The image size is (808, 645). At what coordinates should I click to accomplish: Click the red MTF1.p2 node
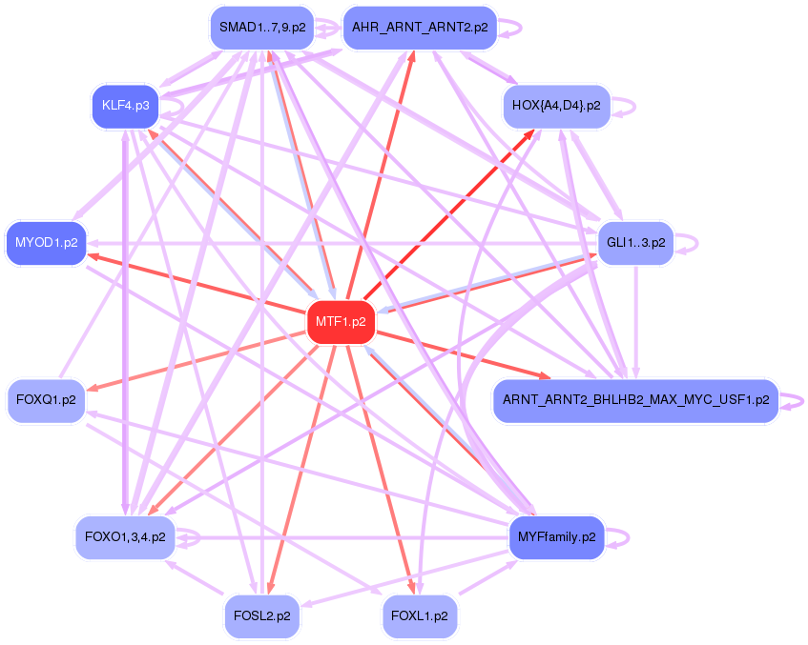(341, 322)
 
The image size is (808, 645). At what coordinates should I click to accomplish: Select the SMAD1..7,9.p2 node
(262, 28)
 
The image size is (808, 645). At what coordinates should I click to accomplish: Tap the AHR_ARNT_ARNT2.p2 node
(420, 28)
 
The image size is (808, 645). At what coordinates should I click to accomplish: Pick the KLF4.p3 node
(125, 104)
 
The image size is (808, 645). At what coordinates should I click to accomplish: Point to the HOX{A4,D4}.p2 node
(556, 105)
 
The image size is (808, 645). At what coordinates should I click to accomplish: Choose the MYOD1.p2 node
(46, 242)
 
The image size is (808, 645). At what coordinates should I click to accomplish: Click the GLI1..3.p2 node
(635, 242)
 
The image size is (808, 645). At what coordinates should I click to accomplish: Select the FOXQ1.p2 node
(46, 399)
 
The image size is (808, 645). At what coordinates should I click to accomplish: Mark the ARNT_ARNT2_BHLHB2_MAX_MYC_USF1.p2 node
(635, 400)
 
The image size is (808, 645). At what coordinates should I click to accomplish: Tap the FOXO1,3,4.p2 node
(125, 536)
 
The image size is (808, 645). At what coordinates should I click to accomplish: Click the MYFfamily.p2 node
(556, 536)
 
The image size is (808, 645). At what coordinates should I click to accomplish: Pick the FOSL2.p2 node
(262, 615)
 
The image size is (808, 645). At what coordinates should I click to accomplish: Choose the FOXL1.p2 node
(420, 615)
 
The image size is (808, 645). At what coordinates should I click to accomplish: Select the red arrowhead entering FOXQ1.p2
(93, 388)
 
